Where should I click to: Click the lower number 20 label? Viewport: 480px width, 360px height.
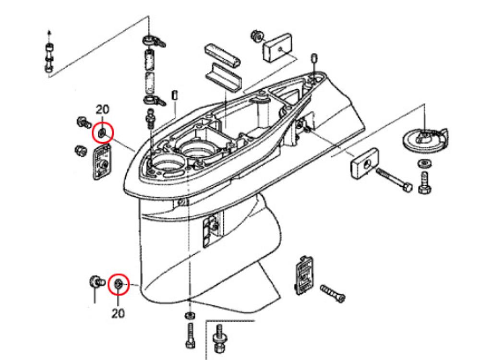(118, 313)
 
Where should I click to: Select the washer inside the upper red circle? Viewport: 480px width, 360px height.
(102, 132)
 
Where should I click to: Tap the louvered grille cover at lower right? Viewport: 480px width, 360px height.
(302, 275)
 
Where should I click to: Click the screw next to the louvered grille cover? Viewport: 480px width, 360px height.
(333, 292)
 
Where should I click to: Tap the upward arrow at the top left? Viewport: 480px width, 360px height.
(49, 34)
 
